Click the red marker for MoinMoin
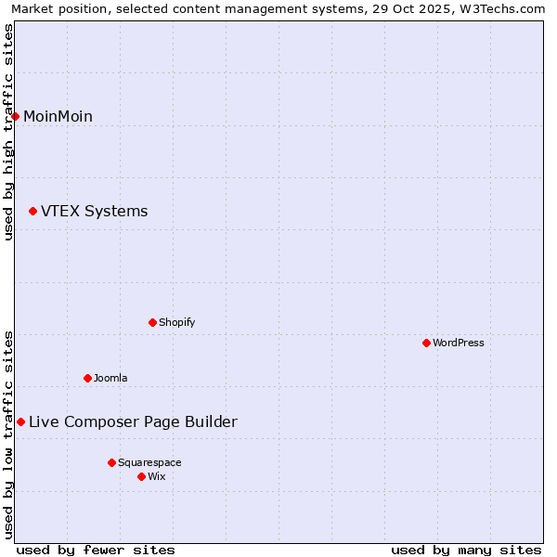pyautogui.click(x=16, y=116)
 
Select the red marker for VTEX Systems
pyautogui.click(x=33, y=212)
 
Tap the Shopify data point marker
pyautogui.click(x=153, y=322)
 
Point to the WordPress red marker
pyautogui.click(x=427, y=343)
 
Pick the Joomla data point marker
pyautogui.click(x=88, y=378)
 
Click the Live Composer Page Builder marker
pyautogui.click(x=21, y=422)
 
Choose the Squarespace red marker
pyautogui.click(x=112, y=462)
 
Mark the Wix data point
pyautogui.click(x=142, y=476)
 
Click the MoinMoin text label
pyautogui.click(x=58, y=116)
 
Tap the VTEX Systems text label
pyautogui.click(x=94, y=212)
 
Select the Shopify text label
pyautogui.click(x=176, y=322)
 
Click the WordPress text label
pyautogui.click(x=458, y=343)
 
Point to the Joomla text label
pyautogui.click(x=110, y=378)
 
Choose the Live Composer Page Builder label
pyautogui.click(x=133, y=422)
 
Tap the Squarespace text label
pyautogui.click(x=149, y=462)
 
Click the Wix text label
pyautogui.click(x=157, y=476)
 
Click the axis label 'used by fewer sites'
pyautogui.click(x=96, y=550)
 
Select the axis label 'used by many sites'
pyautogui.click(x=466, y=550)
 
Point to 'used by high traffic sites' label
pyautogui.click(x=8, y=132)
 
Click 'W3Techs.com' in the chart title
pyautogui.click(x=505, y=8)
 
